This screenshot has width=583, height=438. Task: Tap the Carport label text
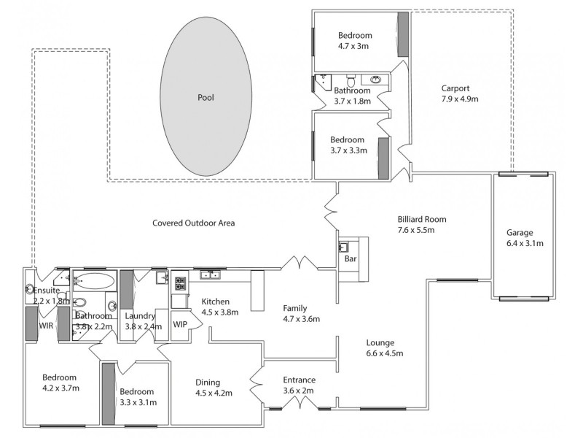pos(455,88)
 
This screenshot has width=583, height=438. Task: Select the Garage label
pos(520,233)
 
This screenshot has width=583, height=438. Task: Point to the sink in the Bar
pos(343,247)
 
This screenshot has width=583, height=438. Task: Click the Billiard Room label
pos(421,219)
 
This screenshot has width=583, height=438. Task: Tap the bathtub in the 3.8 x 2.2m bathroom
pos(94,280)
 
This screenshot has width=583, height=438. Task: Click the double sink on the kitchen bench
pos(211,274)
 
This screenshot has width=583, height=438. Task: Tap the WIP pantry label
pos(180,323)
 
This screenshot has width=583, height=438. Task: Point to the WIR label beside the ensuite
pos(47,325)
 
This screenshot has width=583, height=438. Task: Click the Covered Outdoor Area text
pos(193,223)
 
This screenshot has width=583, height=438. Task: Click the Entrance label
pos(299,380)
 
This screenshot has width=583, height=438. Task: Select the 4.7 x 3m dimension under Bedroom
pos(355,46)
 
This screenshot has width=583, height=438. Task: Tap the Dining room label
pos(207,382)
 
